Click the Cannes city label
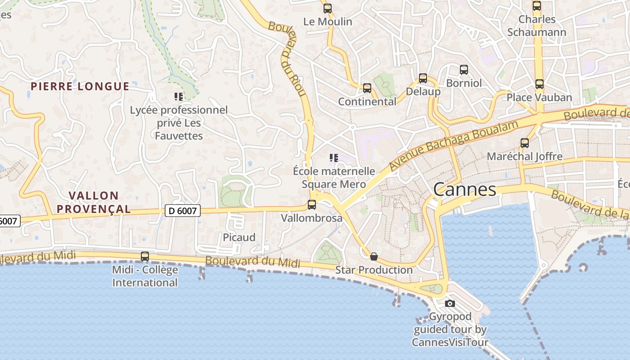(x=464, y=189)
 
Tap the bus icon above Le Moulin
(x=328, y=8)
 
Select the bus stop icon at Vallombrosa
(x=311, y=205)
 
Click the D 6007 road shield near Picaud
(x=182, y=210)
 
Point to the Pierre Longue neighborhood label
(x=80, y=86)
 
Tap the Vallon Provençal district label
(x=94, y=202)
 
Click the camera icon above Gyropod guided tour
(x=450, y=303)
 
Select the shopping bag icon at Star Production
(x=373, y=256)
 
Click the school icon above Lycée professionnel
(x=178, y=96)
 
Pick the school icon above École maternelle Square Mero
(x=333, y=157)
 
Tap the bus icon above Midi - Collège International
(x=144, y=256)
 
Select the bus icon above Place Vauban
(x=539, y=84)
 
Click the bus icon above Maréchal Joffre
(x=524, y=143)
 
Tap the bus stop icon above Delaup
(x=423, y=78)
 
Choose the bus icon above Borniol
(x=463, y=70)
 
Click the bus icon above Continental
(x=367, y=88)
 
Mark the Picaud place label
(x=239, y=237)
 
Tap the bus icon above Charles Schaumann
(x=536, y=6)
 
